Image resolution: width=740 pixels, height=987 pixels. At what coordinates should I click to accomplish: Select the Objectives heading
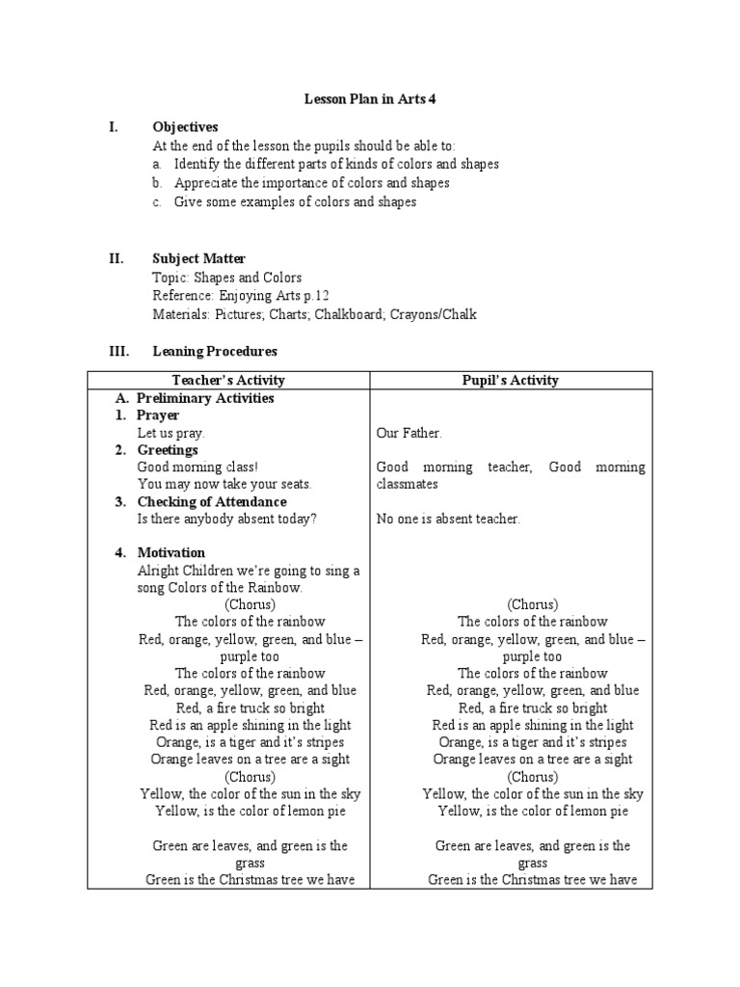(x=185, y=127)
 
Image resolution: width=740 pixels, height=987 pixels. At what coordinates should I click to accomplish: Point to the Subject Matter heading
(x=198, y=258)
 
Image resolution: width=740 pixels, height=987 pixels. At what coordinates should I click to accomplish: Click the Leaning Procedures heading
(x=215, y=352)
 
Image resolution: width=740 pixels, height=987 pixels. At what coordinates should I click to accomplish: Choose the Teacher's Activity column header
(x=228, y=380)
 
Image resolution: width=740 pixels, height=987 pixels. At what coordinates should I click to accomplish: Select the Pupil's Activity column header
(x=511, y=380)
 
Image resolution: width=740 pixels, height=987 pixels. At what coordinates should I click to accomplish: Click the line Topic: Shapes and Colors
(x=226, y=277)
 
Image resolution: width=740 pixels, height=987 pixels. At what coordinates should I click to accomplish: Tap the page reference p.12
(x=325, y=295)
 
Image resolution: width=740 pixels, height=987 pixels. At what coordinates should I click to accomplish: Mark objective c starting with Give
(x=295, y=201)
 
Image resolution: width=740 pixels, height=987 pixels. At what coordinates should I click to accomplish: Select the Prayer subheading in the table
(x=157, y=415)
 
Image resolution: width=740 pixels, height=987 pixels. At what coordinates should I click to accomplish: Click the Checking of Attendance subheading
(x=211, y=501)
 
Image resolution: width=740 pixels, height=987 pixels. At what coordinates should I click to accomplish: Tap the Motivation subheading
(x=171, y=552)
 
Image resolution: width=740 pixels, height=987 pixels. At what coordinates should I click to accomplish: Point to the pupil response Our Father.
(x=409, y=434)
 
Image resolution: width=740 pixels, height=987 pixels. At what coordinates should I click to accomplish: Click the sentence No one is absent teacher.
(x=448, y=520)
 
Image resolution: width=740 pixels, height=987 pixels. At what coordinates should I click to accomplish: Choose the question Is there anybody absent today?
(x=226, y=520)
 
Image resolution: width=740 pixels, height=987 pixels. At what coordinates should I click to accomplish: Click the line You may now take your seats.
(x=225, y=484)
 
